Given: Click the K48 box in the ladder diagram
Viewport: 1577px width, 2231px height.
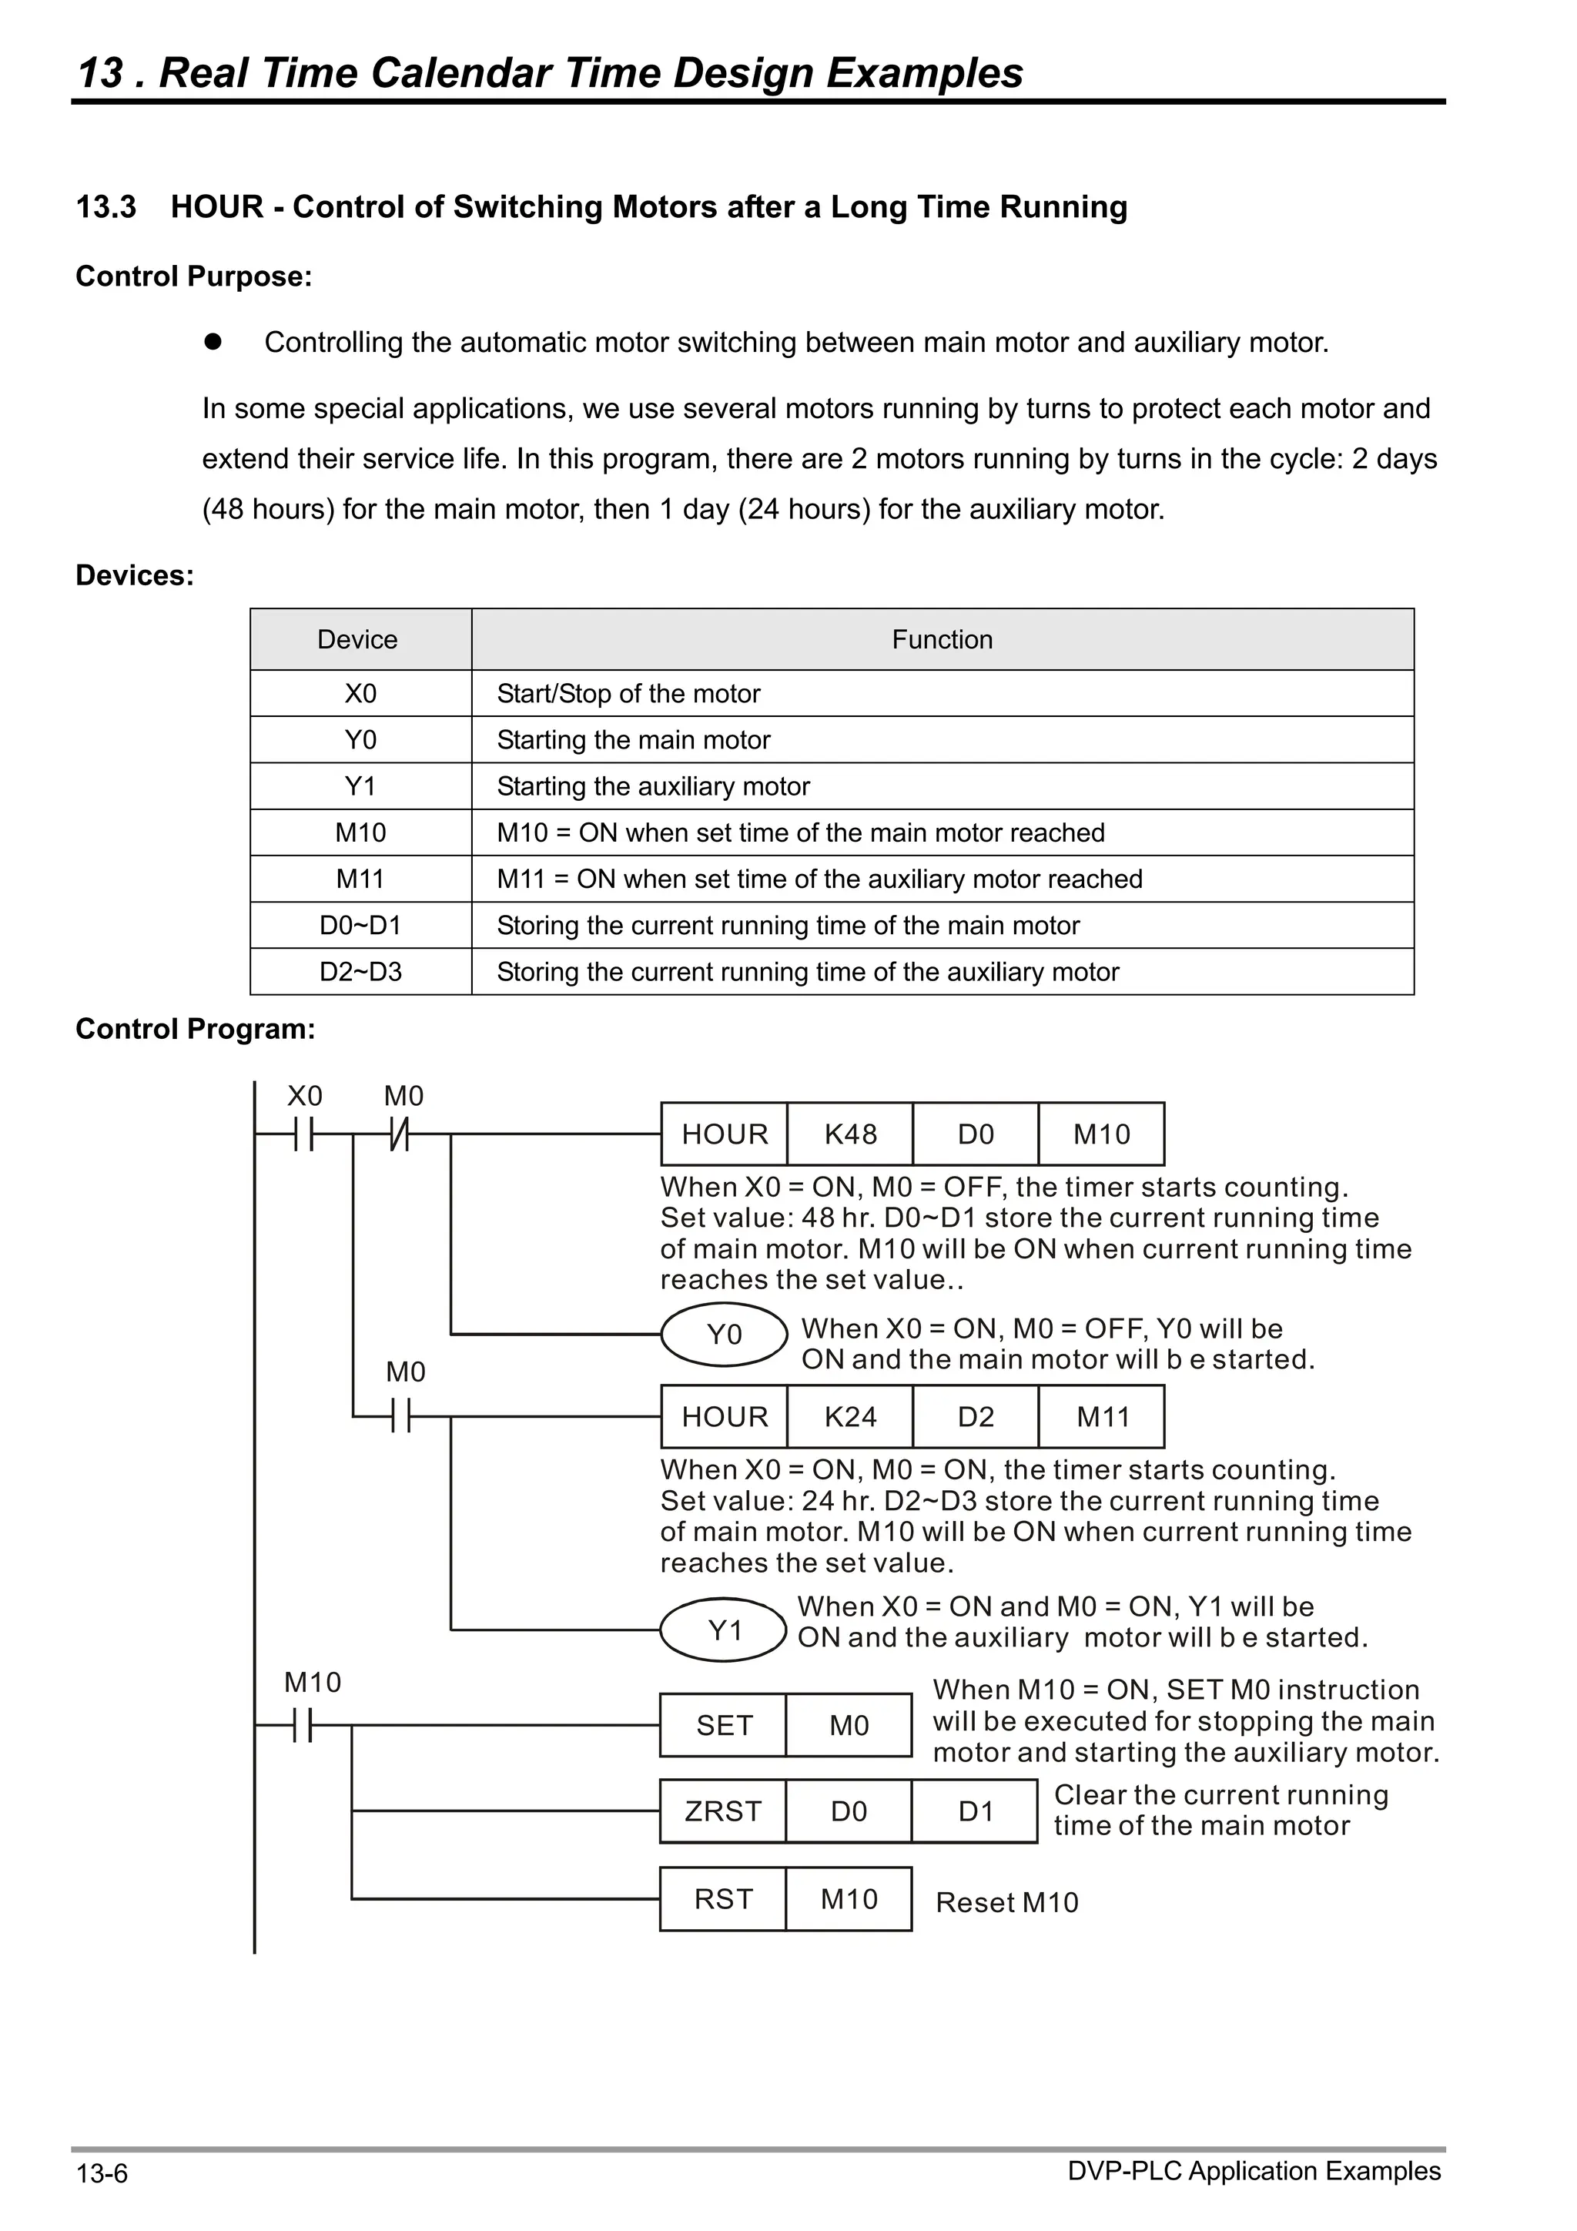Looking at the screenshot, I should (849, 1134).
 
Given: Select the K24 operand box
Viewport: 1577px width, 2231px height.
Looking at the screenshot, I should (849, 1417).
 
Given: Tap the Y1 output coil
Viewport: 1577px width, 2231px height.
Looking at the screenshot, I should (724, 1630).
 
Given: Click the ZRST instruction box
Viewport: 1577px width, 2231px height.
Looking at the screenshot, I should (722, 1811).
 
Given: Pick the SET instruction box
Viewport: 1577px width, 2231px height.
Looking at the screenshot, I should (723, 1726).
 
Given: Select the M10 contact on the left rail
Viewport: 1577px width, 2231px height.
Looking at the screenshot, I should (304, 1726).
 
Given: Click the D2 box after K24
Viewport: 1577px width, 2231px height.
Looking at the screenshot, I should (976, 1417).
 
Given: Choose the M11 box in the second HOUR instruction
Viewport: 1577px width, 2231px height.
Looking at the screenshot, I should (1102, 1417).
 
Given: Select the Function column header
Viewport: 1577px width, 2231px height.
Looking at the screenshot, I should (942, 639).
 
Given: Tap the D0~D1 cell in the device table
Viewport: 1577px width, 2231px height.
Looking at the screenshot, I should (360, 925).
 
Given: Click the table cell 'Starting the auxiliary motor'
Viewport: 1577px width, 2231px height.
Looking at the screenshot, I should (653, 786).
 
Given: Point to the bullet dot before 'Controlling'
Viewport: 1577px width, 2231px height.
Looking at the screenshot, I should (213, 342).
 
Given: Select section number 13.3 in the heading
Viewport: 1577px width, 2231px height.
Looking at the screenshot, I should (106, 207).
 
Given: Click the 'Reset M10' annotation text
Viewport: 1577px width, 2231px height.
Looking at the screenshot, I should (1006, 1903).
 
